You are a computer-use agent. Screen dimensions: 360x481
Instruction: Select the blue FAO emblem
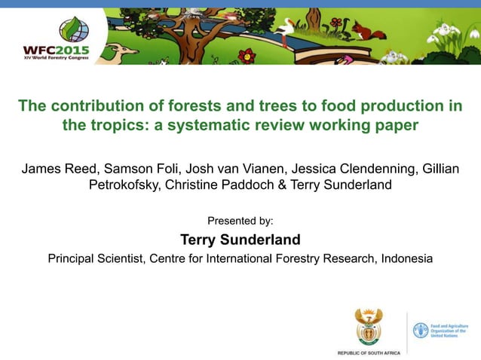point(420,330)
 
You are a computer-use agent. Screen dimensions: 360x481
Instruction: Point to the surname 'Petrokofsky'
point(128,185)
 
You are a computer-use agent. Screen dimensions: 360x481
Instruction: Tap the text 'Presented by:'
point(240,221)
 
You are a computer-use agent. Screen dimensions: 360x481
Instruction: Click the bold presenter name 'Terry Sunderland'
point(240,240)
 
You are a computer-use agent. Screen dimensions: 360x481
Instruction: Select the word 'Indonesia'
point(407,259)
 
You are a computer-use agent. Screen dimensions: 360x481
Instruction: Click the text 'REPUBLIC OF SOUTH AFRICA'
point(369,352)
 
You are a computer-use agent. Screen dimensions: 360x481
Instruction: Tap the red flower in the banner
point(247,55)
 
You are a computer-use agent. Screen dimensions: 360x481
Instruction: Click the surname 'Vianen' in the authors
point(256,167)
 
